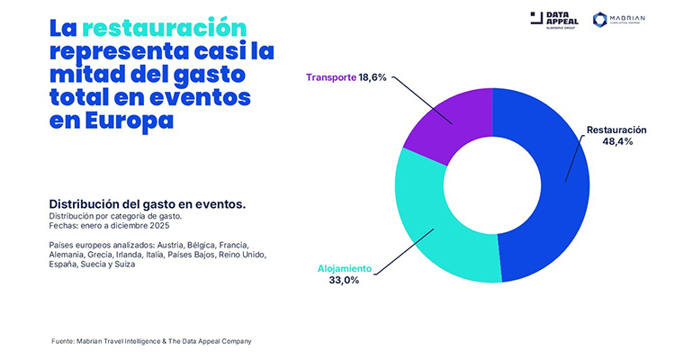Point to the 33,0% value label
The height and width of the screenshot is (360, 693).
(343, 280)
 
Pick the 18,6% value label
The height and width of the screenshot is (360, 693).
(372, 77)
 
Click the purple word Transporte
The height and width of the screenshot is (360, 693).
(329, 77)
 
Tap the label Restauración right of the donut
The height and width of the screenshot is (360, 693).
(616, 130)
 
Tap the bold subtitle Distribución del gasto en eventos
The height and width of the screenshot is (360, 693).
(148, 204)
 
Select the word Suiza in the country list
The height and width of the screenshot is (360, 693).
(121, 265)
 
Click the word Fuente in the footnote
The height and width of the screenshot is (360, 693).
(64, 341)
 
